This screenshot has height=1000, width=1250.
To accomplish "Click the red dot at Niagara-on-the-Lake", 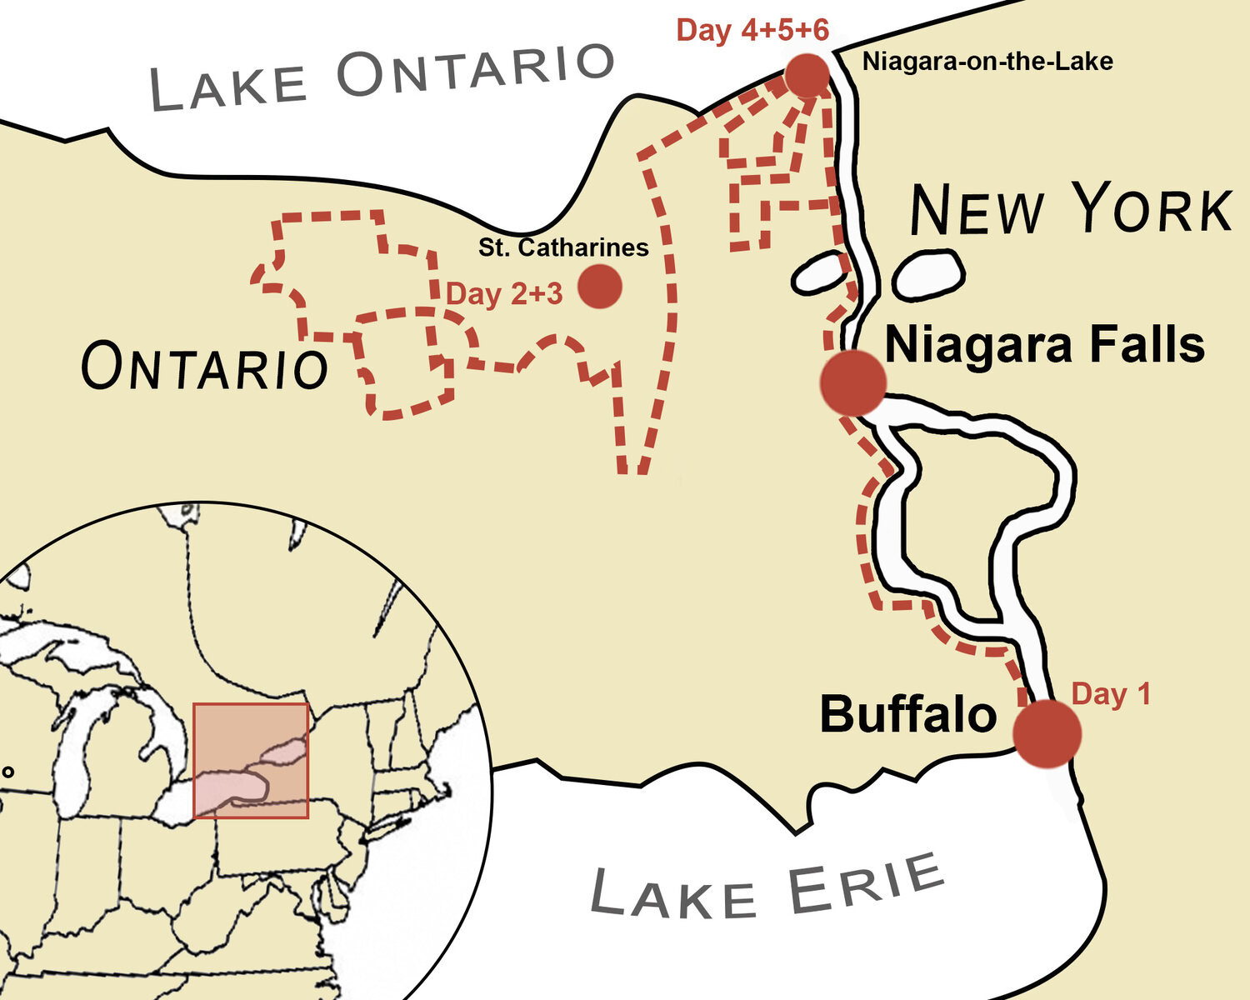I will [807, 76].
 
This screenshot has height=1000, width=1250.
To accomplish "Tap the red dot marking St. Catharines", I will [599, 287].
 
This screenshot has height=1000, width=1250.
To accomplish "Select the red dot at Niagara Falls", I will [852, 382].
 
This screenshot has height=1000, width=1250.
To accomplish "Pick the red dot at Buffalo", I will [1047, 733].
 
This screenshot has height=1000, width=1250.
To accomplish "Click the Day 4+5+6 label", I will [752, 31].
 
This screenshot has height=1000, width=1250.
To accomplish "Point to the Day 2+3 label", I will [504, 294].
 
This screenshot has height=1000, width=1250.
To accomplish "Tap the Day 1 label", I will [1110, 694].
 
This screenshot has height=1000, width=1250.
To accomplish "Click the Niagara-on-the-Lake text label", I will [987, 62].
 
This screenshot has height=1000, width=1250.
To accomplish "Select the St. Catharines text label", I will [563, 247].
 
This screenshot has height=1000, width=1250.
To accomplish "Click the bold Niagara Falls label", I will [1044, 344].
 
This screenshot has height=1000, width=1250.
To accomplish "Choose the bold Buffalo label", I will [908, 715].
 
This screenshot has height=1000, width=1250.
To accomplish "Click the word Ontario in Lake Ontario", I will [475, 71].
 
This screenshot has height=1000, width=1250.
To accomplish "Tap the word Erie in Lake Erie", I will [867, 886].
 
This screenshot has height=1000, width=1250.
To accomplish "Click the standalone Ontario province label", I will [204, 367].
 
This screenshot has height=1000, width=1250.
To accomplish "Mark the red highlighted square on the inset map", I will [251, 761].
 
